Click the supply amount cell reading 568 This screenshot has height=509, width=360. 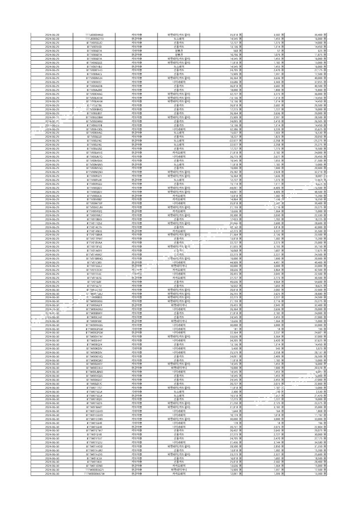pyautogui.click(x=237, y=50)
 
